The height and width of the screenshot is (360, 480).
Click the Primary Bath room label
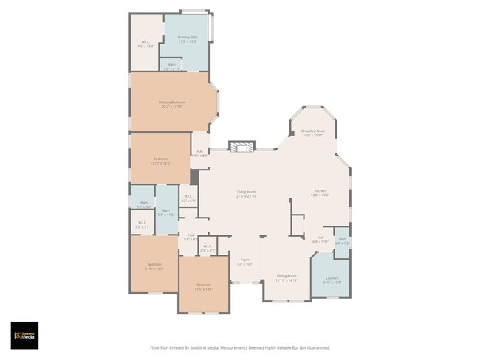click(188, 39)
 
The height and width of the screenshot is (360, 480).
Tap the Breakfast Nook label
click(313, 133)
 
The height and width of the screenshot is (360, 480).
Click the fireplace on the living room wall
click(241, 147)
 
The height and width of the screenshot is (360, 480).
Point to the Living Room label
click(246, 195)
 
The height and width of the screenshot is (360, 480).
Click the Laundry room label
click(332, 280)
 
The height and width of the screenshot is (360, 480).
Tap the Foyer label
click(244, 261)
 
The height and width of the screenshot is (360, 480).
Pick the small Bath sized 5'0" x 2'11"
click(171, 66)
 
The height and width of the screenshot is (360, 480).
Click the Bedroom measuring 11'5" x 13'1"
click(203, 287)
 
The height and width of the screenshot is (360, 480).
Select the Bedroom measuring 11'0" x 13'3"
click(154, 266)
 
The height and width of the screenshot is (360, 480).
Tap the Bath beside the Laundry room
click(342, 240)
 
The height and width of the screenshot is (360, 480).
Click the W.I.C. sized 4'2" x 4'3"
click(207, 249)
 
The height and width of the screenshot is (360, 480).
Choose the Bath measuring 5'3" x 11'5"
click(166, 212)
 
